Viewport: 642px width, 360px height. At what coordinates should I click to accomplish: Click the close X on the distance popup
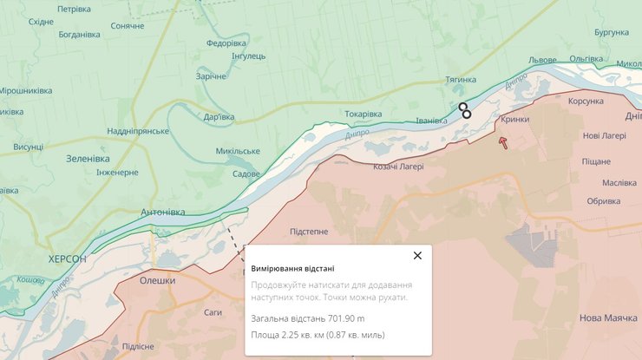pos(417,255)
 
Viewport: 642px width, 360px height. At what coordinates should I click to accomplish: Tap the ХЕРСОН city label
pos(67,259)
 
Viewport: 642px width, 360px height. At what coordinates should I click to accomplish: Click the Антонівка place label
pos(162,212)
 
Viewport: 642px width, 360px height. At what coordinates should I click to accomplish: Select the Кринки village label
pos(514,121)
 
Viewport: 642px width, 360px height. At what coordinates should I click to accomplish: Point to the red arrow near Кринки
pos(502,141)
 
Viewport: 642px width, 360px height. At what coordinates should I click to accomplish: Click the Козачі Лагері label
pos(399,167)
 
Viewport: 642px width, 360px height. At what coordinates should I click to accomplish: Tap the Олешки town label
pos(157,280)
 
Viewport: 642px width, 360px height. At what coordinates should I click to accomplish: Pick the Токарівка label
pos(363,114)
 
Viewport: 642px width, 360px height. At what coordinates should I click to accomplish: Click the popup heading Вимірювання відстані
pos(292,269)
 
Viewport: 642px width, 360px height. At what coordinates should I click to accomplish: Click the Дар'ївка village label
pos(219,117)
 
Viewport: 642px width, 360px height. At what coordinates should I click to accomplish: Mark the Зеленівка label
pos(88,159)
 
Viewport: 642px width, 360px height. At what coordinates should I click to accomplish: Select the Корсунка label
pos(567,101)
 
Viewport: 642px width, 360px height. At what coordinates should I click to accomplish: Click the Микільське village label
pos(238,151)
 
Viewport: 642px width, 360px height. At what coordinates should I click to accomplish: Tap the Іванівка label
pos(432,121)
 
